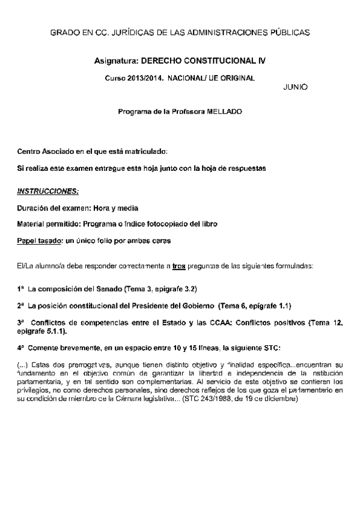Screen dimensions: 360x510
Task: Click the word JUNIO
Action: (x=294, y=87)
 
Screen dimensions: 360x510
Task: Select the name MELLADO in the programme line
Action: (x=225, y=112)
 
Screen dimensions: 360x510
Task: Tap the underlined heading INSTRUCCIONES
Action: (x=47, y=191)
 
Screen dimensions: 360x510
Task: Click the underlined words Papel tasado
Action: (x=40, y=241)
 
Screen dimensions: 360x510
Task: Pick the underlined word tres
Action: (x=176, y=265)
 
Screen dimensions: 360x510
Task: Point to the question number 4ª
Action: (x=21, y=348)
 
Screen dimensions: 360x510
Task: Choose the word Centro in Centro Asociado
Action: (x=29, y=150)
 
